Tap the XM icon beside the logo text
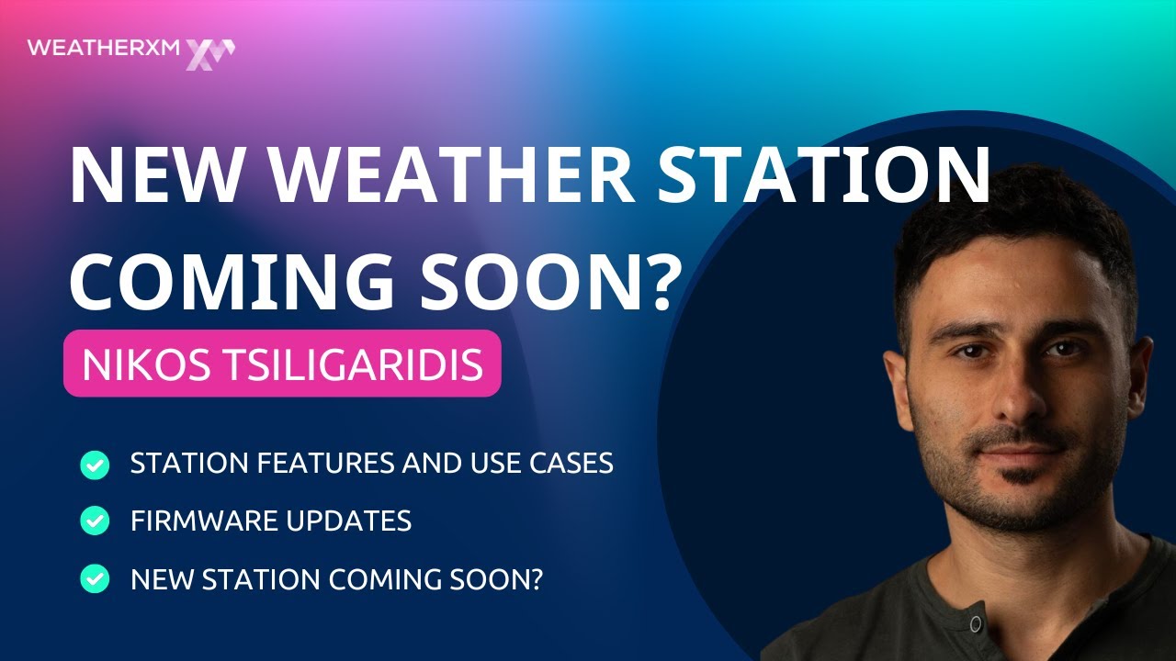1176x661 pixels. tap(210, 52)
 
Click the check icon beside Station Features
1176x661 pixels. tap(95, 465)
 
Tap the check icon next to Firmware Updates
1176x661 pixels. tap(95, 521)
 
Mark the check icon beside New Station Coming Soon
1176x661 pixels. tap(95, 579)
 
